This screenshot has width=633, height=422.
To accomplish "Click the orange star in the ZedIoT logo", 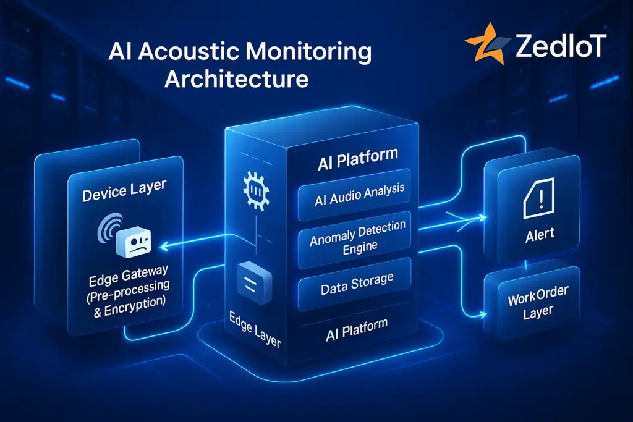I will point(484,44).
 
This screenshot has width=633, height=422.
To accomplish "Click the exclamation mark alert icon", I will point(532,200).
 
